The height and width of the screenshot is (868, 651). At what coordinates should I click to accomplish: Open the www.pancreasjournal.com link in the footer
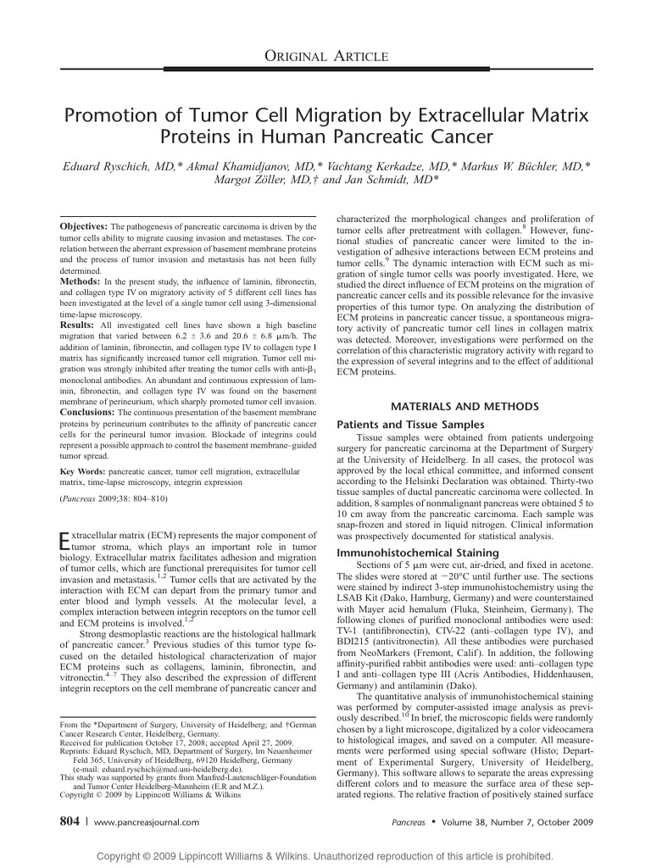pos(146,822)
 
